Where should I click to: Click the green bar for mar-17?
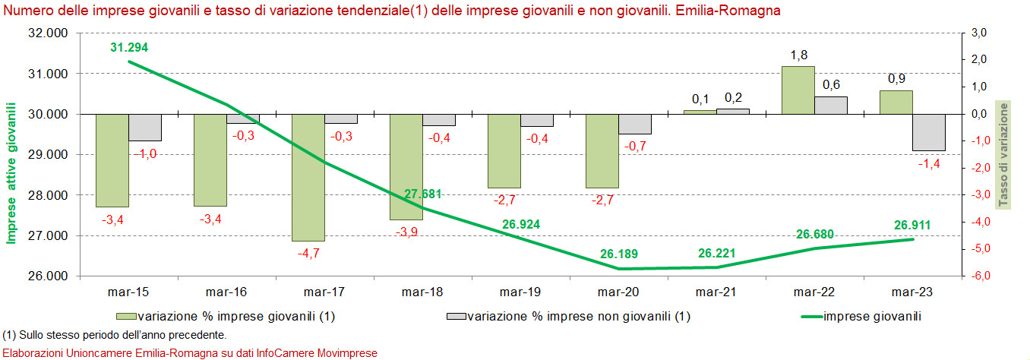[308, 178]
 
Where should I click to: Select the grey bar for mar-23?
[929, 132]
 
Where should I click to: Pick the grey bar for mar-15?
[144, 128]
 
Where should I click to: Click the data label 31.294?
[129, 48]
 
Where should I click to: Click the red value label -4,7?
[308, 254]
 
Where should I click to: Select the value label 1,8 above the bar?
[798, 55]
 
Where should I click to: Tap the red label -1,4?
[929, 164]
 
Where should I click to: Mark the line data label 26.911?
[912, 226]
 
